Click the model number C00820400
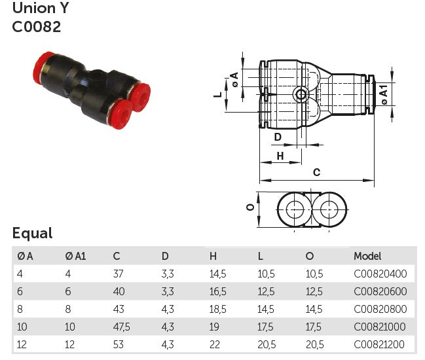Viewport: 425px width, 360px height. coord(380,274)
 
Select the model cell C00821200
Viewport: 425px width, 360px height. coord(379,344)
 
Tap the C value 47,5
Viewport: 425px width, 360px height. coord(121,327)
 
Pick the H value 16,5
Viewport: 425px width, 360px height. coord(217,292)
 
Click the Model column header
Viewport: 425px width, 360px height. coord(367,256)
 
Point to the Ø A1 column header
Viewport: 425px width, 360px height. coord(75,256)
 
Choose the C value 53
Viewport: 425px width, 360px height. coord(119,344)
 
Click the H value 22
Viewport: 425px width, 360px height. coord(214,344)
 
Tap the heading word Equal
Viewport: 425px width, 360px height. coord(32,233)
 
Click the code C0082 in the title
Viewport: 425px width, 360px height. coord(36,27)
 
